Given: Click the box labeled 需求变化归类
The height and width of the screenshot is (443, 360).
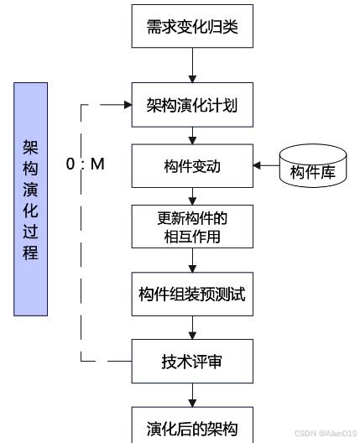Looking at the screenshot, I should (192, 29).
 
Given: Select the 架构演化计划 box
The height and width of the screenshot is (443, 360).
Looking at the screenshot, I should (192, 106).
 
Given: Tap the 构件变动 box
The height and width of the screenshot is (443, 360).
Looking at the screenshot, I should (192, 166).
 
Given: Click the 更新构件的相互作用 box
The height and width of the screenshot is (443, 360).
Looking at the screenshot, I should (192, 227).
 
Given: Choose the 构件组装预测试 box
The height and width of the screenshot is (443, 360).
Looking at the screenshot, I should (192, 295).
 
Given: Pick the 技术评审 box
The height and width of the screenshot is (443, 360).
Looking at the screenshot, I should (192, 362).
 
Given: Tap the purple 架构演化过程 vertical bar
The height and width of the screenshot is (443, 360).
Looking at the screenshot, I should (31, 200).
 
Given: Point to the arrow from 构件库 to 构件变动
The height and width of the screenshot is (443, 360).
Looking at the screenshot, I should (267, 167).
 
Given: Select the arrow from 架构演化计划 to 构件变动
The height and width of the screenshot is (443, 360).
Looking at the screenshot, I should (192, 136).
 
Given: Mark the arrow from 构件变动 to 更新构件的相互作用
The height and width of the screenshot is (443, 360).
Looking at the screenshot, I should (192, 196).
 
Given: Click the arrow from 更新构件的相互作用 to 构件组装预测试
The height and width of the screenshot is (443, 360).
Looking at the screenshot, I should (192, 261).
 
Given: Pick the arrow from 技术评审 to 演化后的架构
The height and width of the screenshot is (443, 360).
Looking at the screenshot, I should (192, 394).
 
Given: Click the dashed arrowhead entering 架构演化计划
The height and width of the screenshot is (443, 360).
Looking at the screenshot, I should (128, 106).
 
